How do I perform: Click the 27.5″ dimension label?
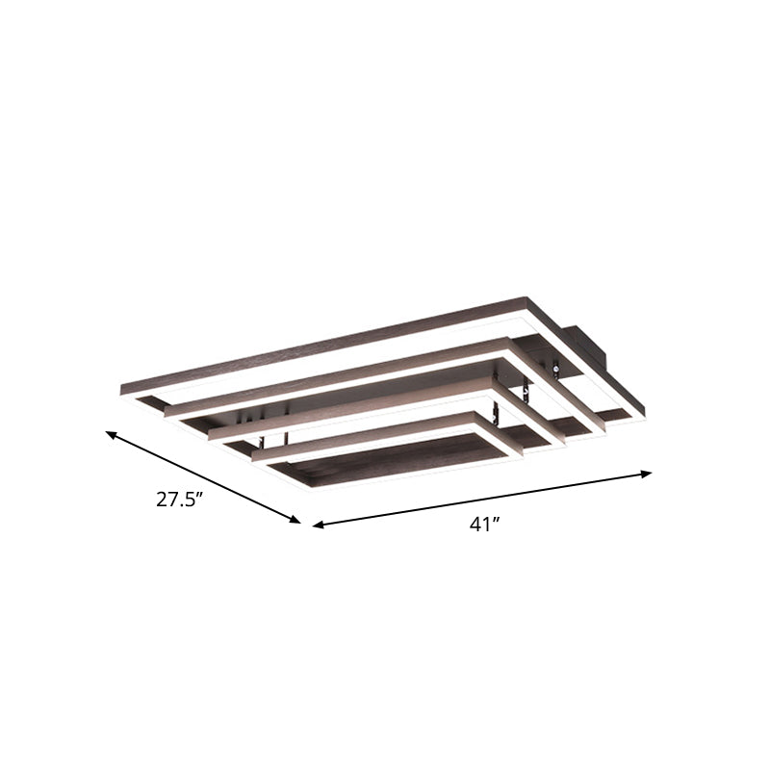[x=183, y=500]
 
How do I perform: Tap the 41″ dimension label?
[x=484, y=525]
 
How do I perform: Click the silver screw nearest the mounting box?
[x=556, y=368]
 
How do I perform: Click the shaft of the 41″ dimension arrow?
[x=481, y=500]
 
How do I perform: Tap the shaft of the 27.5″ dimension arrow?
[x=202, y=478]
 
